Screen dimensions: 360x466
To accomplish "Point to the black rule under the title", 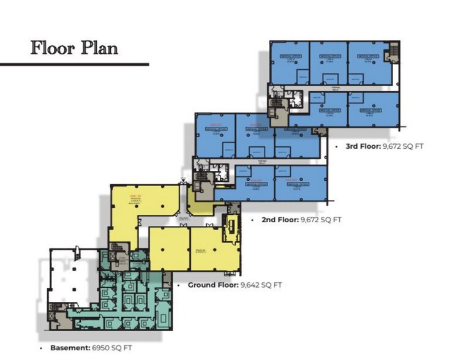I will [74, 64].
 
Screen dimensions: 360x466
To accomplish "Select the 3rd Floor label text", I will [358, 146].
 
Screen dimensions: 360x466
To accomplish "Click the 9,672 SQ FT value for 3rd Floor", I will [403, 146].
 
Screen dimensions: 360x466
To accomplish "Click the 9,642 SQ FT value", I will [261, 285].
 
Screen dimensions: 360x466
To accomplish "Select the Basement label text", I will [66, 348].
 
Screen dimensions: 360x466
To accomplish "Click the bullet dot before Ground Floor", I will [178, 285].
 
